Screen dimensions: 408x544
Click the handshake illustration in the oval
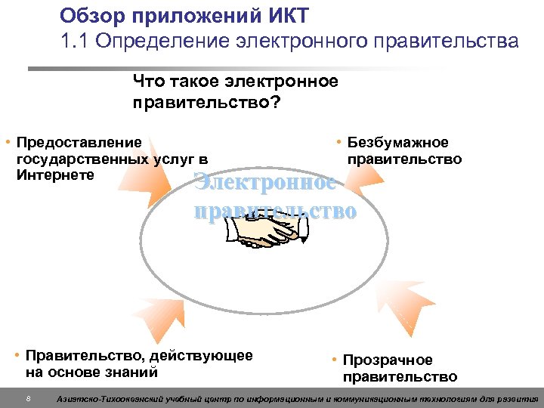[268, 232]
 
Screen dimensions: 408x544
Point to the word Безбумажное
[397, 143]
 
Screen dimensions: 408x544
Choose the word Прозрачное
[388, 360]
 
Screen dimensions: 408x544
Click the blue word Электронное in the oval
[264, 182]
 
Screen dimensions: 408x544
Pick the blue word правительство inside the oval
[275, 210]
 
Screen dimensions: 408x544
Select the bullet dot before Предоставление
[7, 142]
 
